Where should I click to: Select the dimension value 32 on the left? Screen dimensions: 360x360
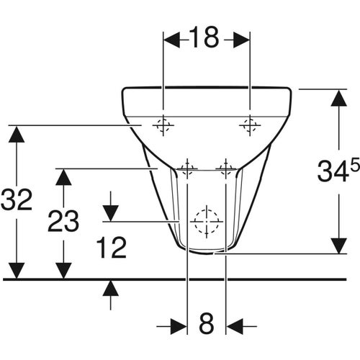17,200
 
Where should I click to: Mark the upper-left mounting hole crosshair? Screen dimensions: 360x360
163,125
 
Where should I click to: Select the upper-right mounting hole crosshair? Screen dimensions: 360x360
249,125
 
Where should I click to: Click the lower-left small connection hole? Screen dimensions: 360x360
187,169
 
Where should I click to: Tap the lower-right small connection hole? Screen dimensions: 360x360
225,169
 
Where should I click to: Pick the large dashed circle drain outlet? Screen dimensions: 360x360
207,220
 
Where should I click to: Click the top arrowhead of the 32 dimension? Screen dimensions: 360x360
17,133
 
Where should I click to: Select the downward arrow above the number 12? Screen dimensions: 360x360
110,212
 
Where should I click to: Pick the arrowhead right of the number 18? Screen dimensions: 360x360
240,40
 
